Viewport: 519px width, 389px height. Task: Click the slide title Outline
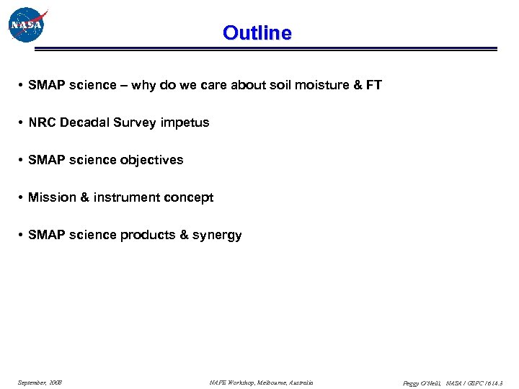click(257, 33)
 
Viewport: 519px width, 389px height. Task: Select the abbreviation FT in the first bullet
click(373, 85)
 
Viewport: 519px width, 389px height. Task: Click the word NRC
click(42, 122)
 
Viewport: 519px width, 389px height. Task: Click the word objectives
click(152, 160)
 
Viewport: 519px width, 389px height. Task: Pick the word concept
click(189, 197)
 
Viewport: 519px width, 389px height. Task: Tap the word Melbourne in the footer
click(270, 383)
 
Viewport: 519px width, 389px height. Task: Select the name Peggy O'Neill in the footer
click(422, 383)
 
